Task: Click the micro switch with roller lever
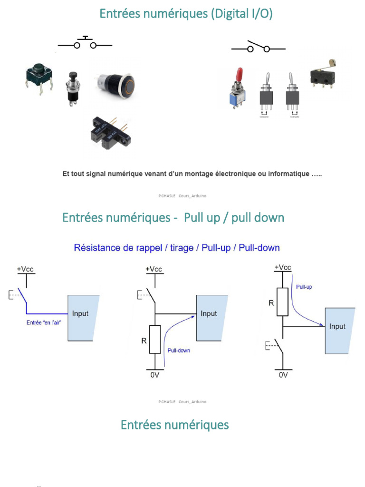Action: coord(323,74)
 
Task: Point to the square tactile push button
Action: coord(38,77)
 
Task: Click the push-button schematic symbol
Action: coord(85,44)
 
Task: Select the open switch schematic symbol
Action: coord(258,47)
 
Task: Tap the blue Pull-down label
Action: coord(179,351)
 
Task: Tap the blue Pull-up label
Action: coord(304,287)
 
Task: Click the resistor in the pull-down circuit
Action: coord(155,339)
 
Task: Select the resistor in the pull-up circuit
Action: coord(283,302)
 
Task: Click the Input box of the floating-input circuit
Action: coord(83,317)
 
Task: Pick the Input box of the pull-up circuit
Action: coord(339,331)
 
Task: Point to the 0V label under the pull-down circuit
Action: coord(155,375)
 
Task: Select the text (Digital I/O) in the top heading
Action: coord(241,14)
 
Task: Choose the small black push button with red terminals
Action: coord(73,88)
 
